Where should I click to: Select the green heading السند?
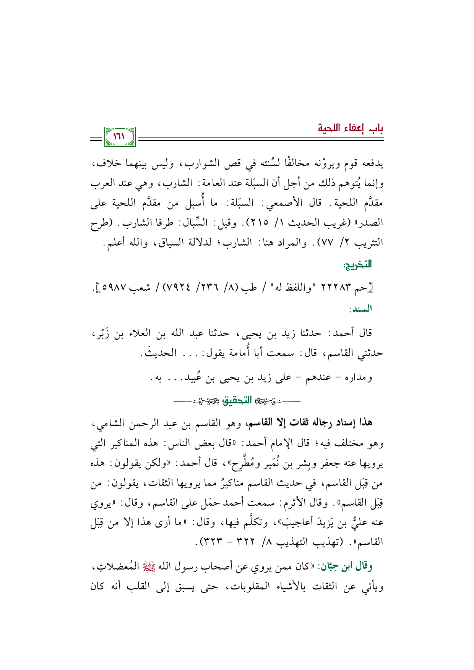tap(360, 309)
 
